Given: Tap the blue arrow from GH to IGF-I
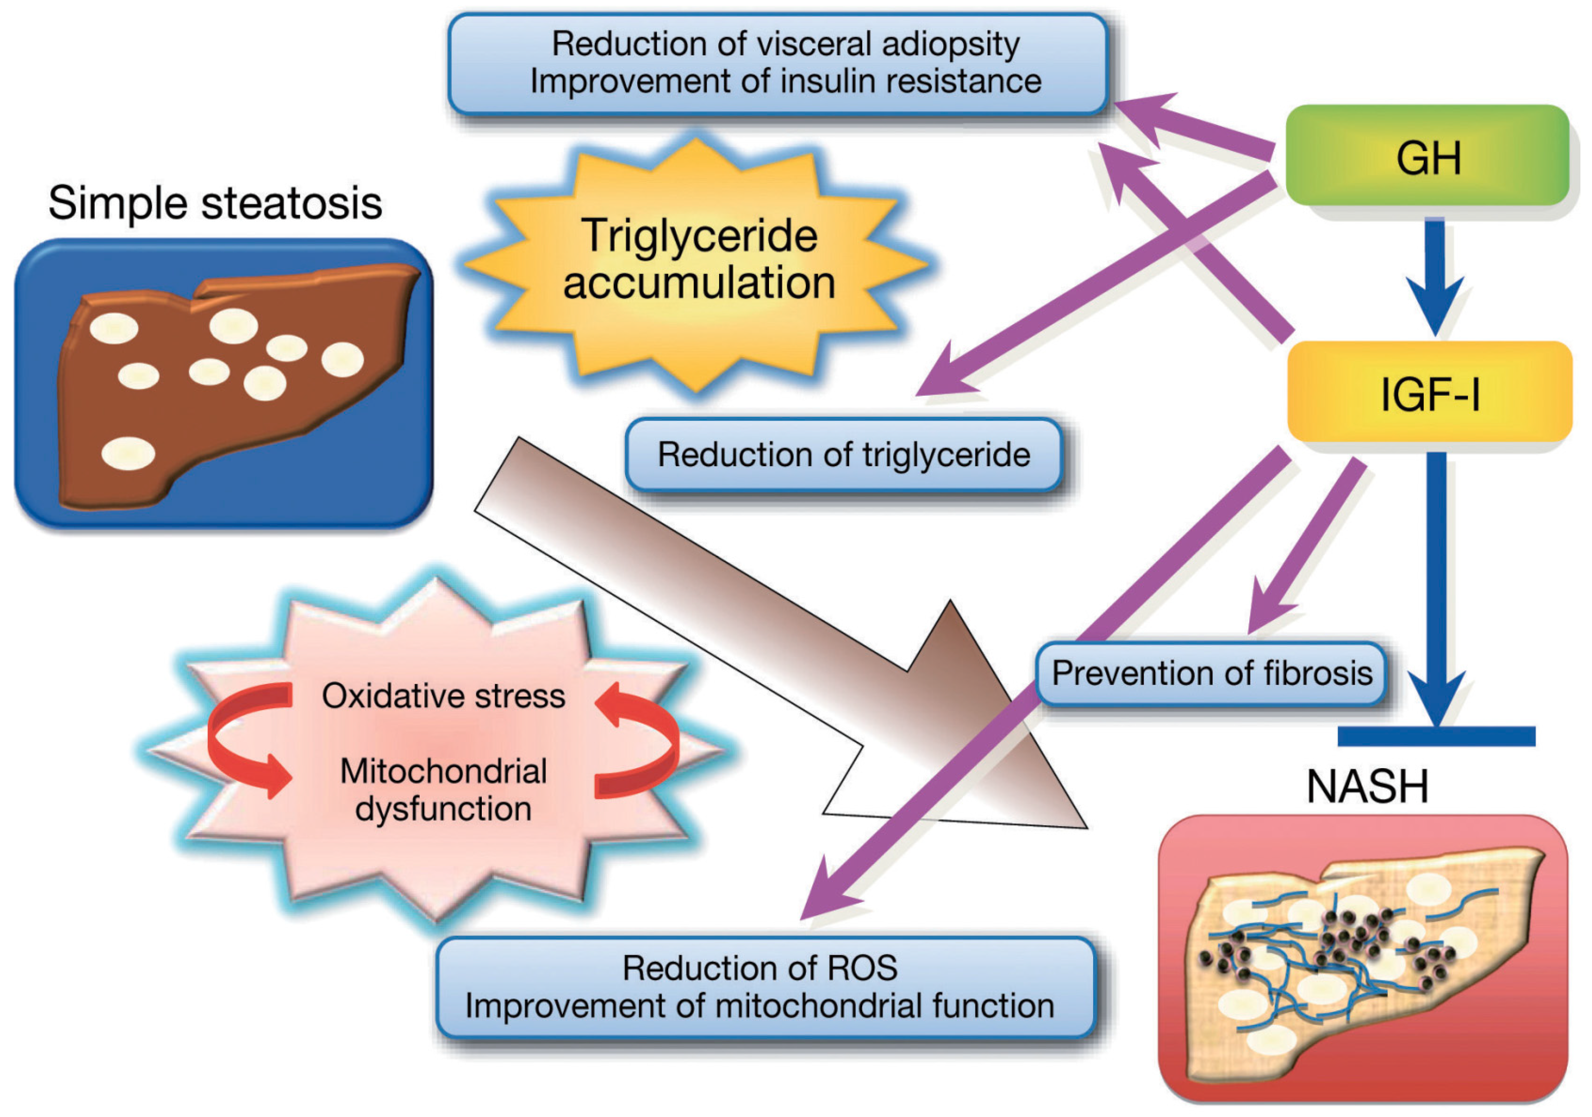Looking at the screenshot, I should coord(1434,277).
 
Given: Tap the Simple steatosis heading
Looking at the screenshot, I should coord(215,203).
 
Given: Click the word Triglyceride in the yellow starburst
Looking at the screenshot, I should coord(699,236).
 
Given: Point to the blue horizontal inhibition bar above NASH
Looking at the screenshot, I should coord(1436,736).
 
